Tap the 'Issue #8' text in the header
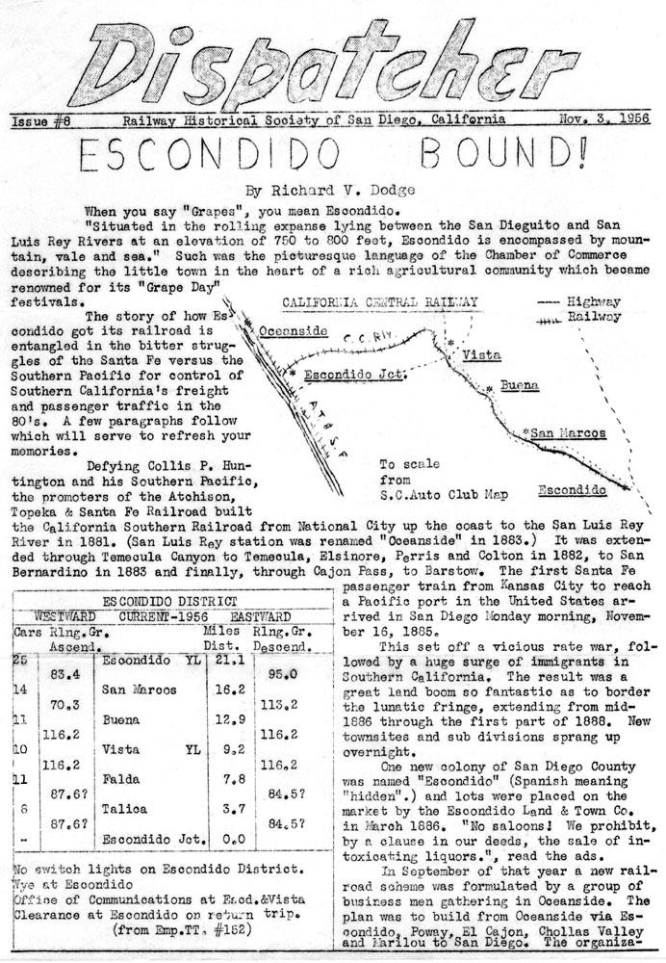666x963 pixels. tap(38, 120)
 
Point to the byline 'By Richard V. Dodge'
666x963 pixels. tap(332, 191)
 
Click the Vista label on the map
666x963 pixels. tap(481, 354)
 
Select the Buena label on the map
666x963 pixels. tap(518, 385)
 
